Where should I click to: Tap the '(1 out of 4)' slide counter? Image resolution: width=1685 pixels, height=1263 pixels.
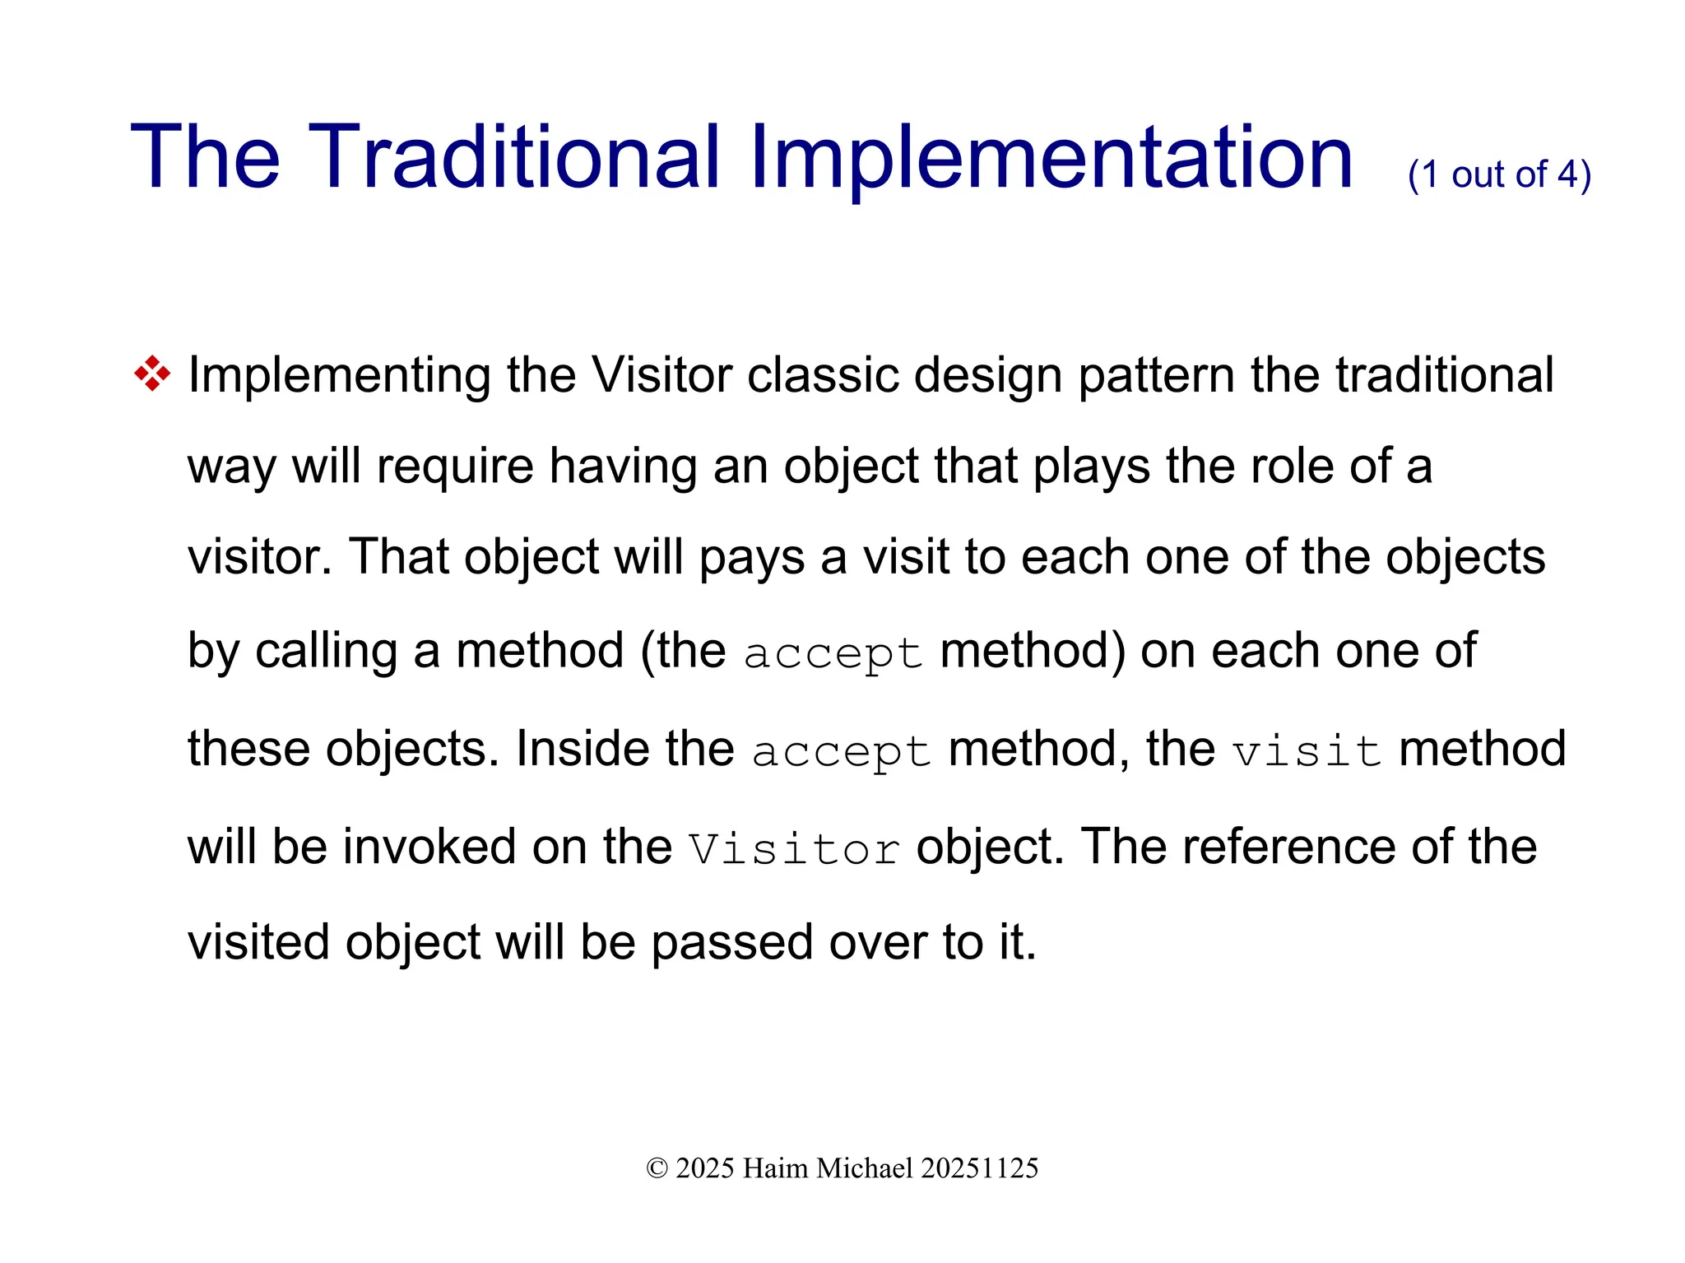(1499, 174)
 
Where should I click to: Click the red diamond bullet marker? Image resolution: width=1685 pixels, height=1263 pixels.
(152, 374)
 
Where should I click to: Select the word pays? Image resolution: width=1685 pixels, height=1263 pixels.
(752, 558)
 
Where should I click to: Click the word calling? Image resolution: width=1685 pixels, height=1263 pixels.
(327, 651)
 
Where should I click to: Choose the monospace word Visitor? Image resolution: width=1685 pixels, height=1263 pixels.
(794, 849)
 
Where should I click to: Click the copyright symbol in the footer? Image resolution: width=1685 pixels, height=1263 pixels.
(657, 1168)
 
